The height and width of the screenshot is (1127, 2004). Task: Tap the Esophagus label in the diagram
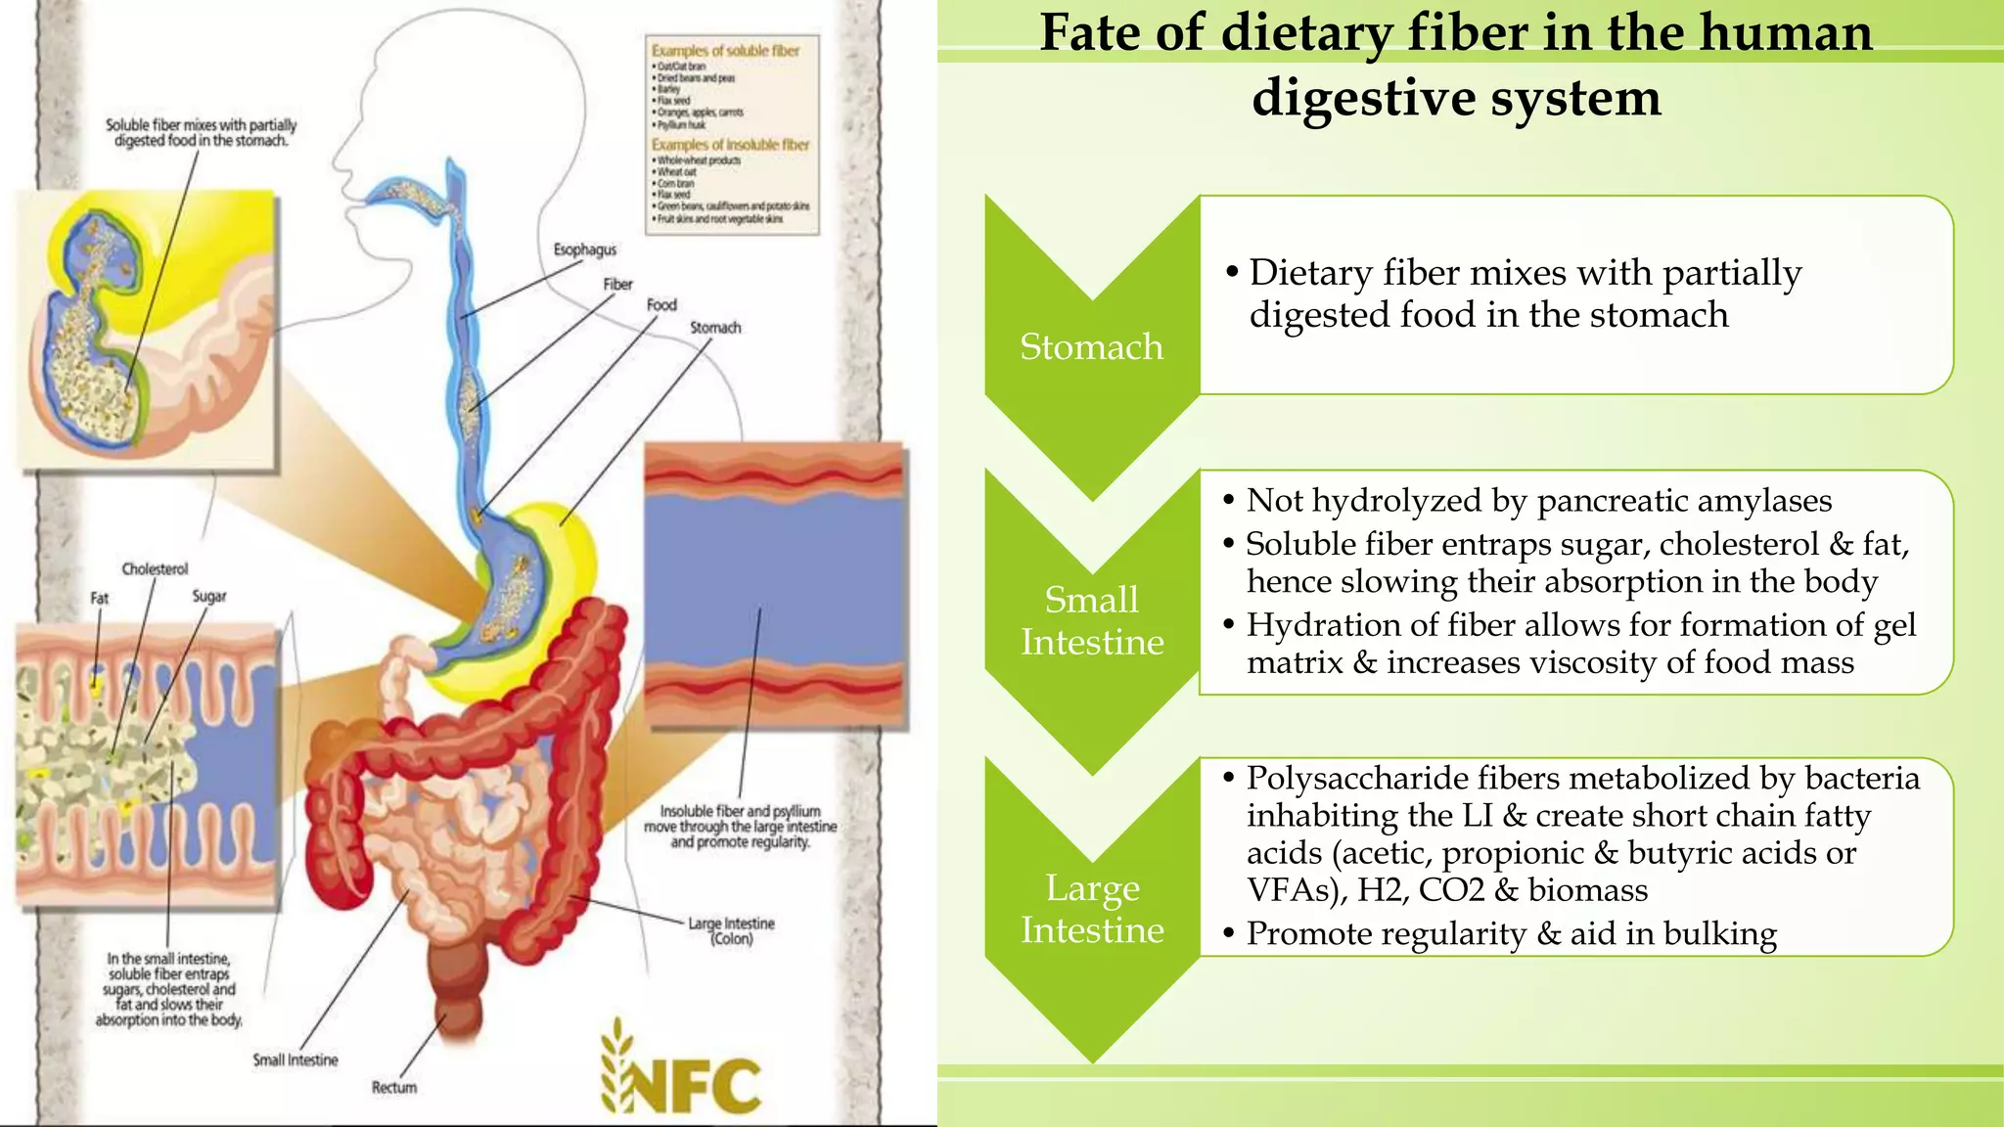click(584, 249)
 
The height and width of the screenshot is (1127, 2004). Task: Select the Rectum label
click(394, 1087)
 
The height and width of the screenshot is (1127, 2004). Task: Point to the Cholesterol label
click(155, 568)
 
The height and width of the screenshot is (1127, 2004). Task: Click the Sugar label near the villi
click(209, 596)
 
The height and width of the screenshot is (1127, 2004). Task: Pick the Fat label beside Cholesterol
click(100, 598)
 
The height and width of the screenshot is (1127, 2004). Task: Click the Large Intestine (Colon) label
click(731, 930)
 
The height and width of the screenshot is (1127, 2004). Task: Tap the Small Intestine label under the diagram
click(296, 1059)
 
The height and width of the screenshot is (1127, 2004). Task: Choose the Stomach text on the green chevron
click(1091, 347)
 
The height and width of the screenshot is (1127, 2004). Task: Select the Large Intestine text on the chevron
click(1092, 908)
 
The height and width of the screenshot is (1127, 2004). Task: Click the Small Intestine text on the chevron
click(1092, 620)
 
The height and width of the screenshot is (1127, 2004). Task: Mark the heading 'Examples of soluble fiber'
click(725, 50)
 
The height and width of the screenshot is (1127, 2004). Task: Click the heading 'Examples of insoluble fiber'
click(730, 144)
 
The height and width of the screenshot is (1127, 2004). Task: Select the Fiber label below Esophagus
click(617, 284)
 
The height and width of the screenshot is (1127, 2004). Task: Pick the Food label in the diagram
click(661, 304)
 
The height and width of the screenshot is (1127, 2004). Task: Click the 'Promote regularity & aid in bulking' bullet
click(1511, 933)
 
